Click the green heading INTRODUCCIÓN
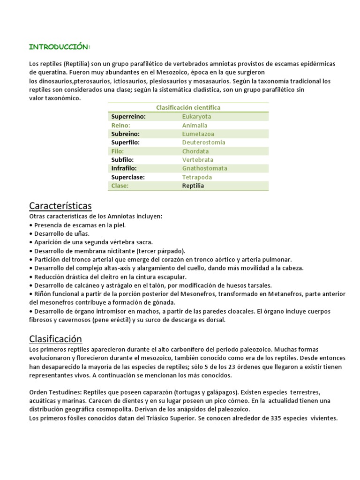tap(60, 47)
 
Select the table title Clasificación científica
tap(188, 107)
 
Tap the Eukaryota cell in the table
tap(196, 116)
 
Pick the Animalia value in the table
tap(195, 125)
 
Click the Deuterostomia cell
tap(203, 142)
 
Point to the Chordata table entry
tap(195, 151)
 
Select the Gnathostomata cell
tap(204, 168)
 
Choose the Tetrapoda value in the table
tap(197, 177)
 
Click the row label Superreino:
tap(128, 116)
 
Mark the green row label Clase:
tap(120, 186)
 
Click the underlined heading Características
tap(60, 206)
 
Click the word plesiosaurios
tap(165, 81)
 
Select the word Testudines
tap(63, 392)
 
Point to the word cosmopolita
tap(107, 409)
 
